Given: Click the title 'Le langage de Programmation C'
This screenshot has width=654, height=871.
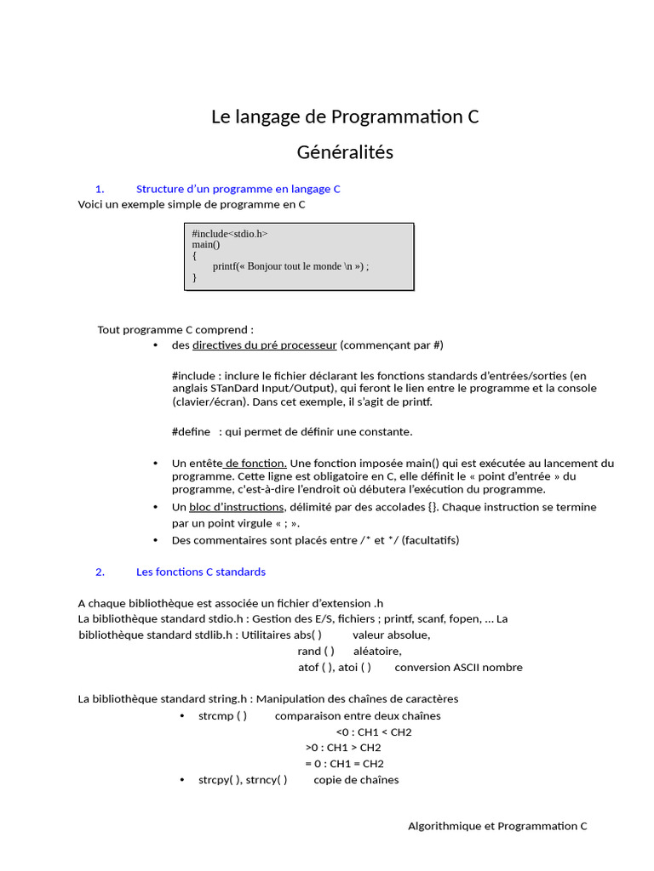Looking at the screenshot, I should point(345,117).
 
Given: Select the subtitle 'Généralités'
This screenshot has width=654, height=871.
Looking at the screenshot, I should point(345,153).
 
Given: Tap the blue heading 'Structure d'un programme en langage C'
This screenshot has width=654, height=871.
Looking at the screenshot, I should point(238,189).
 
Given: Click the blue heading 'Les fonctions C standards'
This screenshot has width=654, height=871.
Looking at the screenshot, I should point(201,572).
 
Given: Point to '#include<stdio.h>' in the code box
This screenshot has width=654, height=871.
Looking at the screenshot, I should point(230,233).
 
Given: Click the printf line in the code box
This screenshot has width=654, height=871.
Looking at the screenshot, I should point(290,265).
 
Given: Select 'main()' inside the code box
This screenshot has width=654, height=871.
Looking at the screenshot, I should point(205,244).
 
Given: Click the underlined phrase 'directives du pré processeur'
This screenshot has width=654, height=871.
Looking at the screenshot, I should point(264,345).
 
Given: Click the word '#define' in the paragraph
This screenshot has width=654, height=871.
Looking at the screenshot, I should point(191,431).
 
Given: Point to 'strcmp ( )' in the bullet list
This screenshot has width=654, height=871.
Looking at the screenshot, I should point(222,716).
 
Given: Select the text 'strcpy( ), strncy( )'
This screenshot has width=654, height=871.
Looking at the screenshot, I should point(243,780).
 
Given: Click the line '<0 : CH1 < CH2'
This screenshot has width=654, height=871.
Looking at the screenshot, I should point(374,732).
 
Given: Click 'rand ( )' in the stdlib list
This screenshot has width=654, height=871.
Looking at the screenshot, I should point(316,652).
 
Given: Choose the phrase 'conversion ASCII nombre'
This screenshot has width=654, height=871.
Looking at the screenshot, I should point(458,668).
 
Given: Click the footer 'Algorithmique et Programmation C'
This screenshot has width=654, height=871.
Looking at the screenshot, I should point(497,826).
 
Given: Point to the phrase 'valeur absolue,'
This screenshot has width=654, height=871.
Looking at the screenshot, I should point(391,635).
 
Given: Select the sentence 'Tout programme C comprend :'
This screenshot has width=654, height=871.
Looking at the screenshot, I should point(175,330).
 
